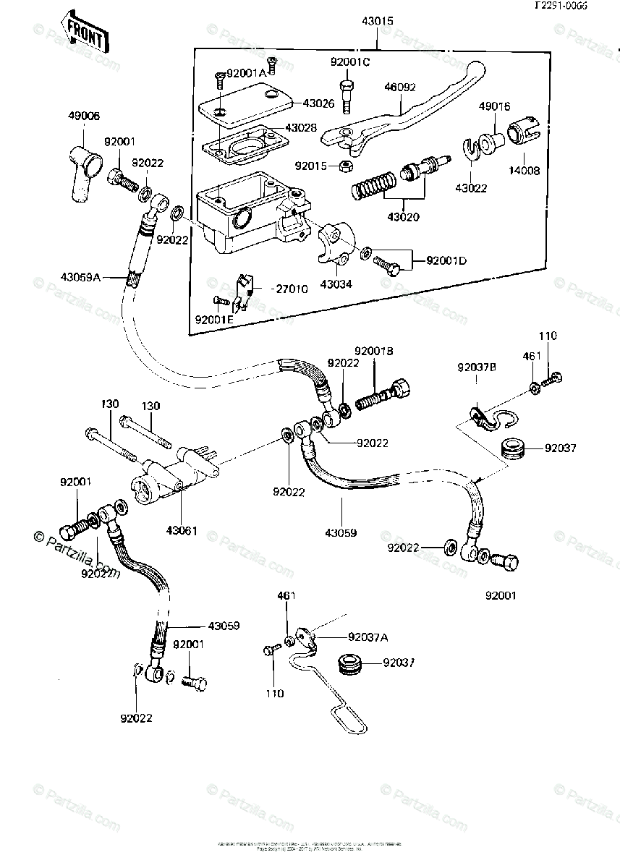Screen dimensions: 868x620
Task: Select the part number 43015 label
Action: (x=378, y=22)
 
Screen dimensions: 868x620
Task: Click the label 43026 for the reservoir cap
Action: (x=318, y=103)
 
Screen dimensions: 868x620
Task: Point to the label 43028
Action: (x=301, y=128)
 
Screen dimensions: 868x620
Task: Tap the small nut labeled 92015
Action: (x=344, y=166)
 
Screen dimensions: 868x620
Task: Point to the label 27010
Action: (x=289, y=288)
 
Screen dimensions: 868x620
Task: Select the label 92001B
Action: (x=373, y=352)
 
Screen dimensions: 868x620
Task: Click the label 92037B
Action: (x=475, y=367)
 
